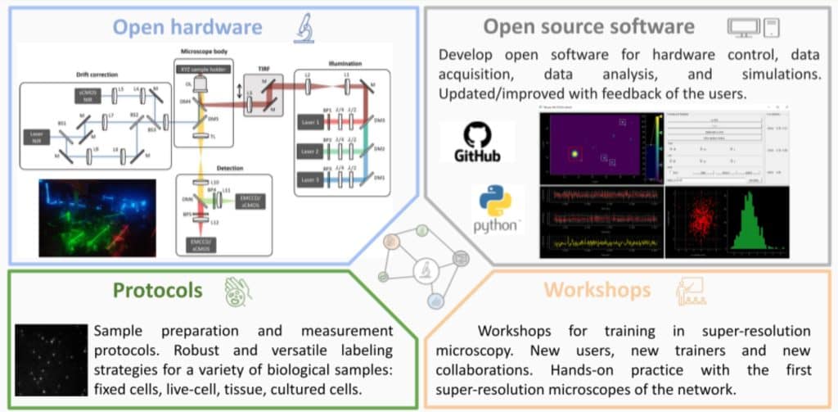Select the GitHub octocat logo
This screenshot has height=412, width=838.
[x=476, y=138]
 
